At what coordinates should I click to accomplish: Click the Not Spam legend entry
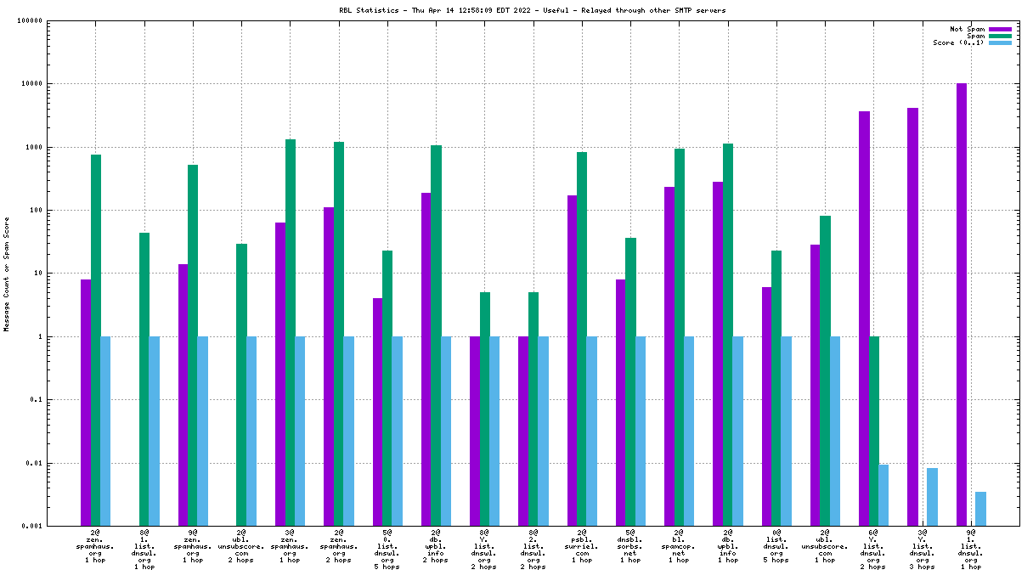[x=967, y=29]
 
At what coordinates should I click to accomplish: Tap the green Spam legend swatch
[x=1000, y=36]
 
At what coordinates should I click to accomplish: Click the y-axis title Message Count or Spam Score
[x=7, y=274]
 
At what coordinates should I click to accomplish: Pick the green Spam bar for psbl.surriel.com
[x=582, y=339]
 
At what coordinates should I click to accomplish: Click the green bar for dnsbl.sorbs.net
[x=630, y=381]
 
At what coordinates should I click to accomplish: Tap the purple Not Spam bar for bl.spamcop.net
[x=669, y=356]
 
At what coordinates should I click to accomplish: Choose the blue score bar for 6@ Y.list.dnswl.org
[x=883, y=495]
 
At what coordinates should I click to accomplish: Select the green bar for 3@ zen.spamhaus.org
[x=291, y=332]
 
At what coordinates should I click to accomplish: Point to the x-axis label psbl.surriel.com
[x=582, y=548]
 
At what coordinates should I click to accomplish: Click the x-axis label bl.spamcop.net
[x=679, y=548]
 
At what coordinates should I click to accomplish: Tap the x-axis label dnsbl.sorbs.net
[x=630, y=548]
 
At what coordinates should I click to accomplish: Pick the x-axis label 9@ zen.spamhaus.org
[x=193, y=548]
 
